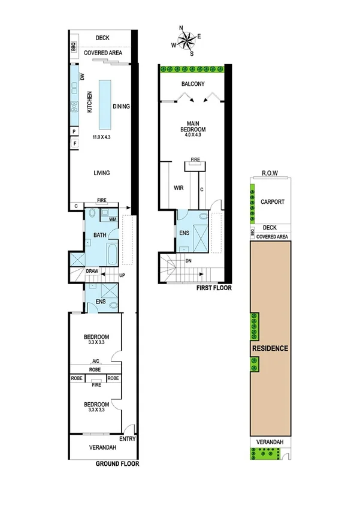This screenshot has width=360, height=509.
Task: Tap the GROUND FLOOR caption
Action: click(x=117, y=463)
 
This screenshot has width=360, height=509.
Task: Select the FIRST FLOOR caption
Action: click(x=214, y=288)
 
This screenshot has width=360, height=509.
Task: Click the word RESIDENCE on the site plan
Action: click(x=270, y=348)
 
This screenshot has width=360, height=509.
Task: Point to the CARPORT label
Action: click(x=273, y=202)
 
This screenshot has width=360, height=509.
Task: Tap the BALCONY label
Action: click(x=193, y=85)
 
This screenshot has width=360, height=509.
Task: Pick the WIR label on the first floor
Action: click(x=178, y=188)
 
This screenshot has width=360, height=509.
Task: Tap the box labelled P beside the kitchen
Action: click(x=74, y=131)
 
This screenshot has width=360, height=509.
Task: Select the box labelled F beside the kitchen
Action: click(x=74, y=144)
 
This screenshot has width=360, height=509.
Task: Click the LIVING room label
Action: click(x=101, y=173)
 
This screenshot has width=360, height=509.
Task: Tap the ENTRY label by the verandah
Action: click(x=128, y=439)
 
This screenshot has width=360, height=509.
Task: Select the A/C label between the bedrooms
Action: click(x=96, y=361)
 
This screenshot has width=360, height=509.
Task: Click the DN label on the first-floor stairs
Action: click(x=189, y=261)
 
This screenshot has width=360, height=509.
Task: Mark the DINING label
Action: click(x=121, y=107)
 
